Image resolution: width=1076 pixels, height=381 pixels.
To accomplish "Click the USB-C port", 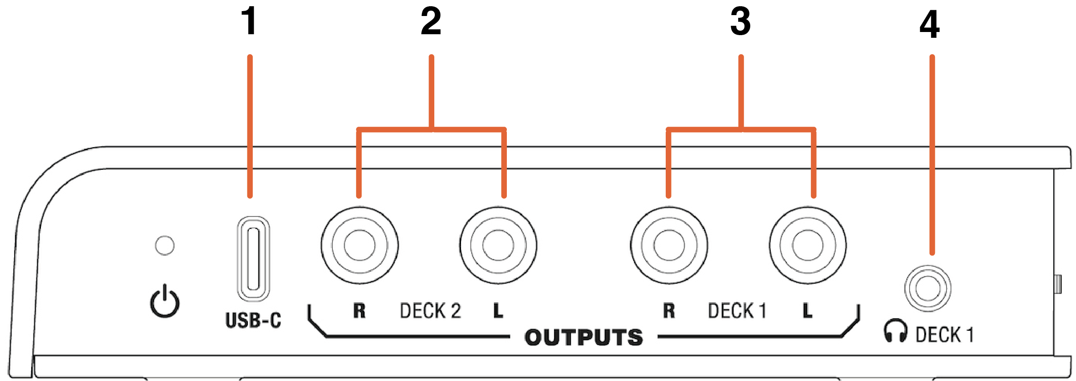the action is click(253, 259).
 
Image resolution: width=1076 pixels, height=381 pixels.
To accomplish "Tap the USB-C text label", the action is click(253, 320).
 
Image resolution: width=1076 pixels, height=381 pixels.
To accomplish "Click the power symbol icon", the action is click(165, 301).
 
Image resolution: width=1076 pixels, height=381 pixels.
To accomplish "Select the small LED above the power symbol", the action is click(165, 245).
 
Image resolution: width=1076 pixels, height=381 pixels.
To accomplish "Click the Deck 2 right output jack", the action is click(360, 245).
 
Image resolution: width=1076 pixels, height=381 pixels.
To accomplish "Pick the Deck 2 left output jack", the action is click(498, 245).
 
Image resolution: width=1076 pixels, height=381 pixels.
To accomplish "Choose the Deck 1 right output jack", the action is click(669, 245).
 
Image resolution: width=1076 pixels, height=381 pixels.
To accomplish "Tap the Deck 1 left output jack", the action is click(808, 245).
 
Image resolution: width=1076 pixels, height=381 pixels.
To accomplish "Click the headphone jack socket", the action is click(928, 289).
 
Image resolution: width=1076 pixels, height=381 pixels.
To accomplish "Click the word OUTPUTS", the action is click(584, 337).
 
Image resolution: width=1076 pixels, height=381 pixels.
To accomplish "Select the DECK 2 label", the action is click(430, 311).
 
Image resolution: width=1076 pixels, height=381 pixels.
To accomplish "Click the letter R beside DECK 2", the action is click(359, 310).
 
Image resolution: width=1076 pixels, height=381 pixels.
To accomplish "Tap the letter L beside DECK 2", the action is click(498, 310).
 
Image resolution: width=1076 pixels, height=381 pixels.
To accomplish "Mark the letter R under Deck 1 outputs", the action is click(669, 310).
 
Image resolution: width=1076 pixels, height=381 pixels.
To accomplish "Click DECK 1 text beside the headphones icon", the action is click(945, 335).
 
